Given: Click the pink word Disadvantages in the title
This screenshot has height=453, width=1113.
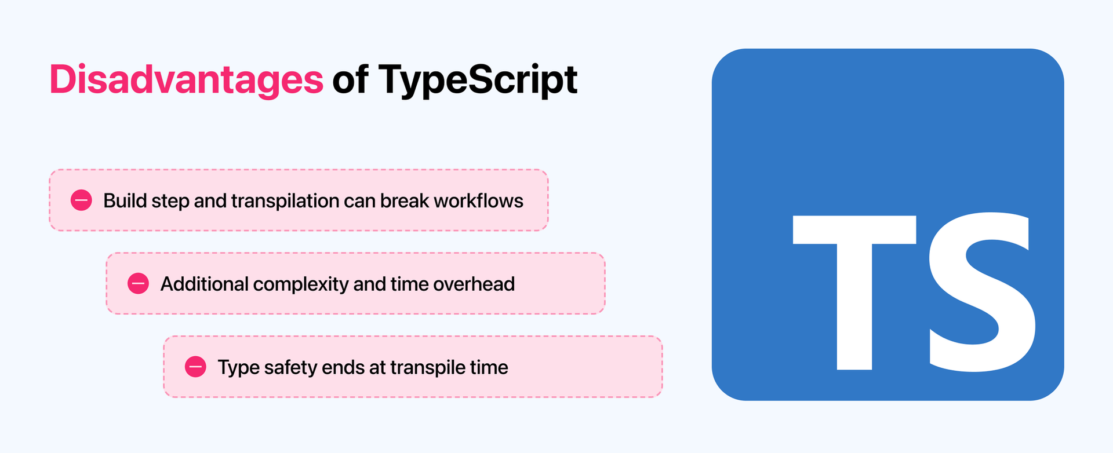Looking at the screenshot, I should pyautogui.click(x=186, y=79).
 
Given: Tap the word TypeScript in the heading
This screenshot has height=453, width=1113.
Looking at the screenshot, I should pyautogui.click(x=478, y=79).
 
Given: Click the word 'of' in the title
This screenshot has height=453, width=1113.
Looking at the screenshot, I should pyautogui.click(x=350, y=79).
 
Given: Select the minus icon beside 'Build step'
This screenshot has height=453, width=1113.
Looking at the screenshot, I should pyautogui.click(x=81, y=200).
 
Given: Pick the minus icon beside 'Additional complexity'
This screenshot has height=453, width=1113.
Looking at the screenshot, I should pyautogui.click(x=138, y=284).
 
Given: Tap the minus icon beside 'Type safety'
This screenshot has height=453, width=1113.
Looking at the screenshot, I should pyautogui.click(x=195, y=367).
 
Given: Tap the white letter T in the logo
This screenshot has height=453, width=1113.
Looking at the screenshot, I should pyautogui.click(x=854, y=290).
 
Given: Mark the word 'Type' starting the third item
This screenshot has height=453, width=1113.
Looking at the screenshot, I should pyautogui.click(x=238, y=367).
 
